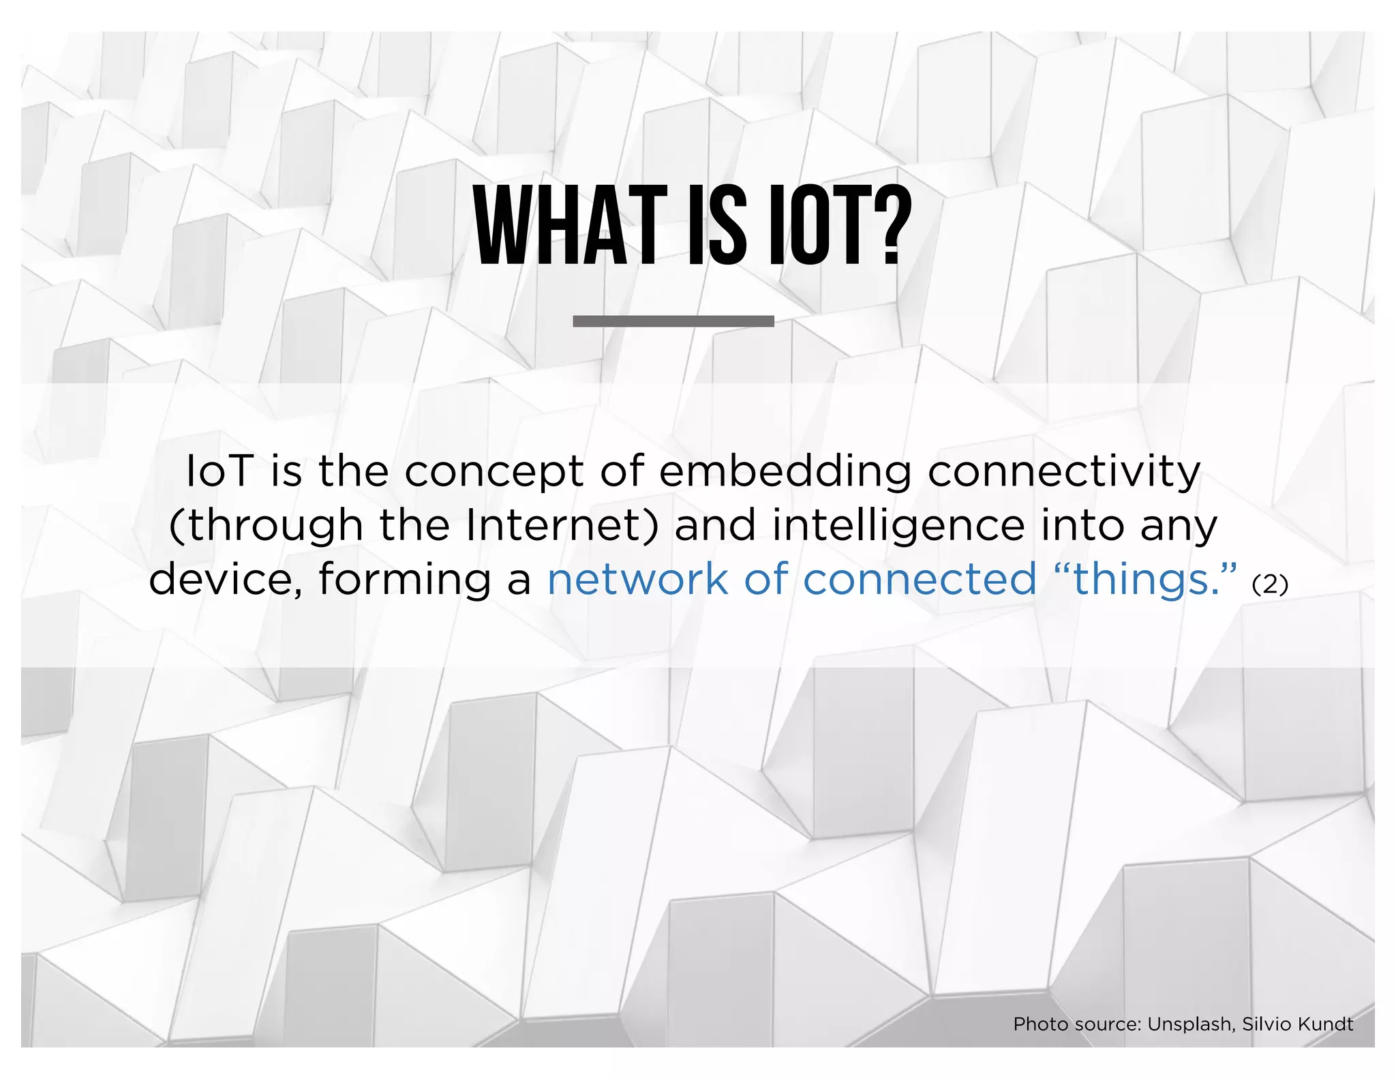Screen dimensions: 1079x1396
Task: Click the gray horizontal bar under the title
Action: (673, 321)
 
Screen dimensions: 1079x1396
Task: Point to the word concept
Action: (494, 473)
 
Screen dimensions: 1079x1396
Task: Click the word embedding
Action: (785, 473)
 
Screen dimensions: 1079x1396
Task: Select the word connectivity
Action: (1063, 473)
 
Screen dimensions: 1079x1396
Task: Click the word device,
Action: (226, 580)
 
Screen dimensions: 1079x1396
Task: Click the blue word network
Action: (637, 580)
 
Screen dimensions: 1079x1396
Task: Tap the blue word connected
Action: (920, 580)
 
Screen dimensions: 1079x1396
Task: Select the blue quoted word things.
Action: (1145, 580)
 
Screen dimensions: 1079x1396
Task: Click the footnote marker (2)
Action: (1270, 585)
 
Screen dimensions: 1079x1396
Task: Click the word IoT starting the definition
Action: (220, 471)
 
